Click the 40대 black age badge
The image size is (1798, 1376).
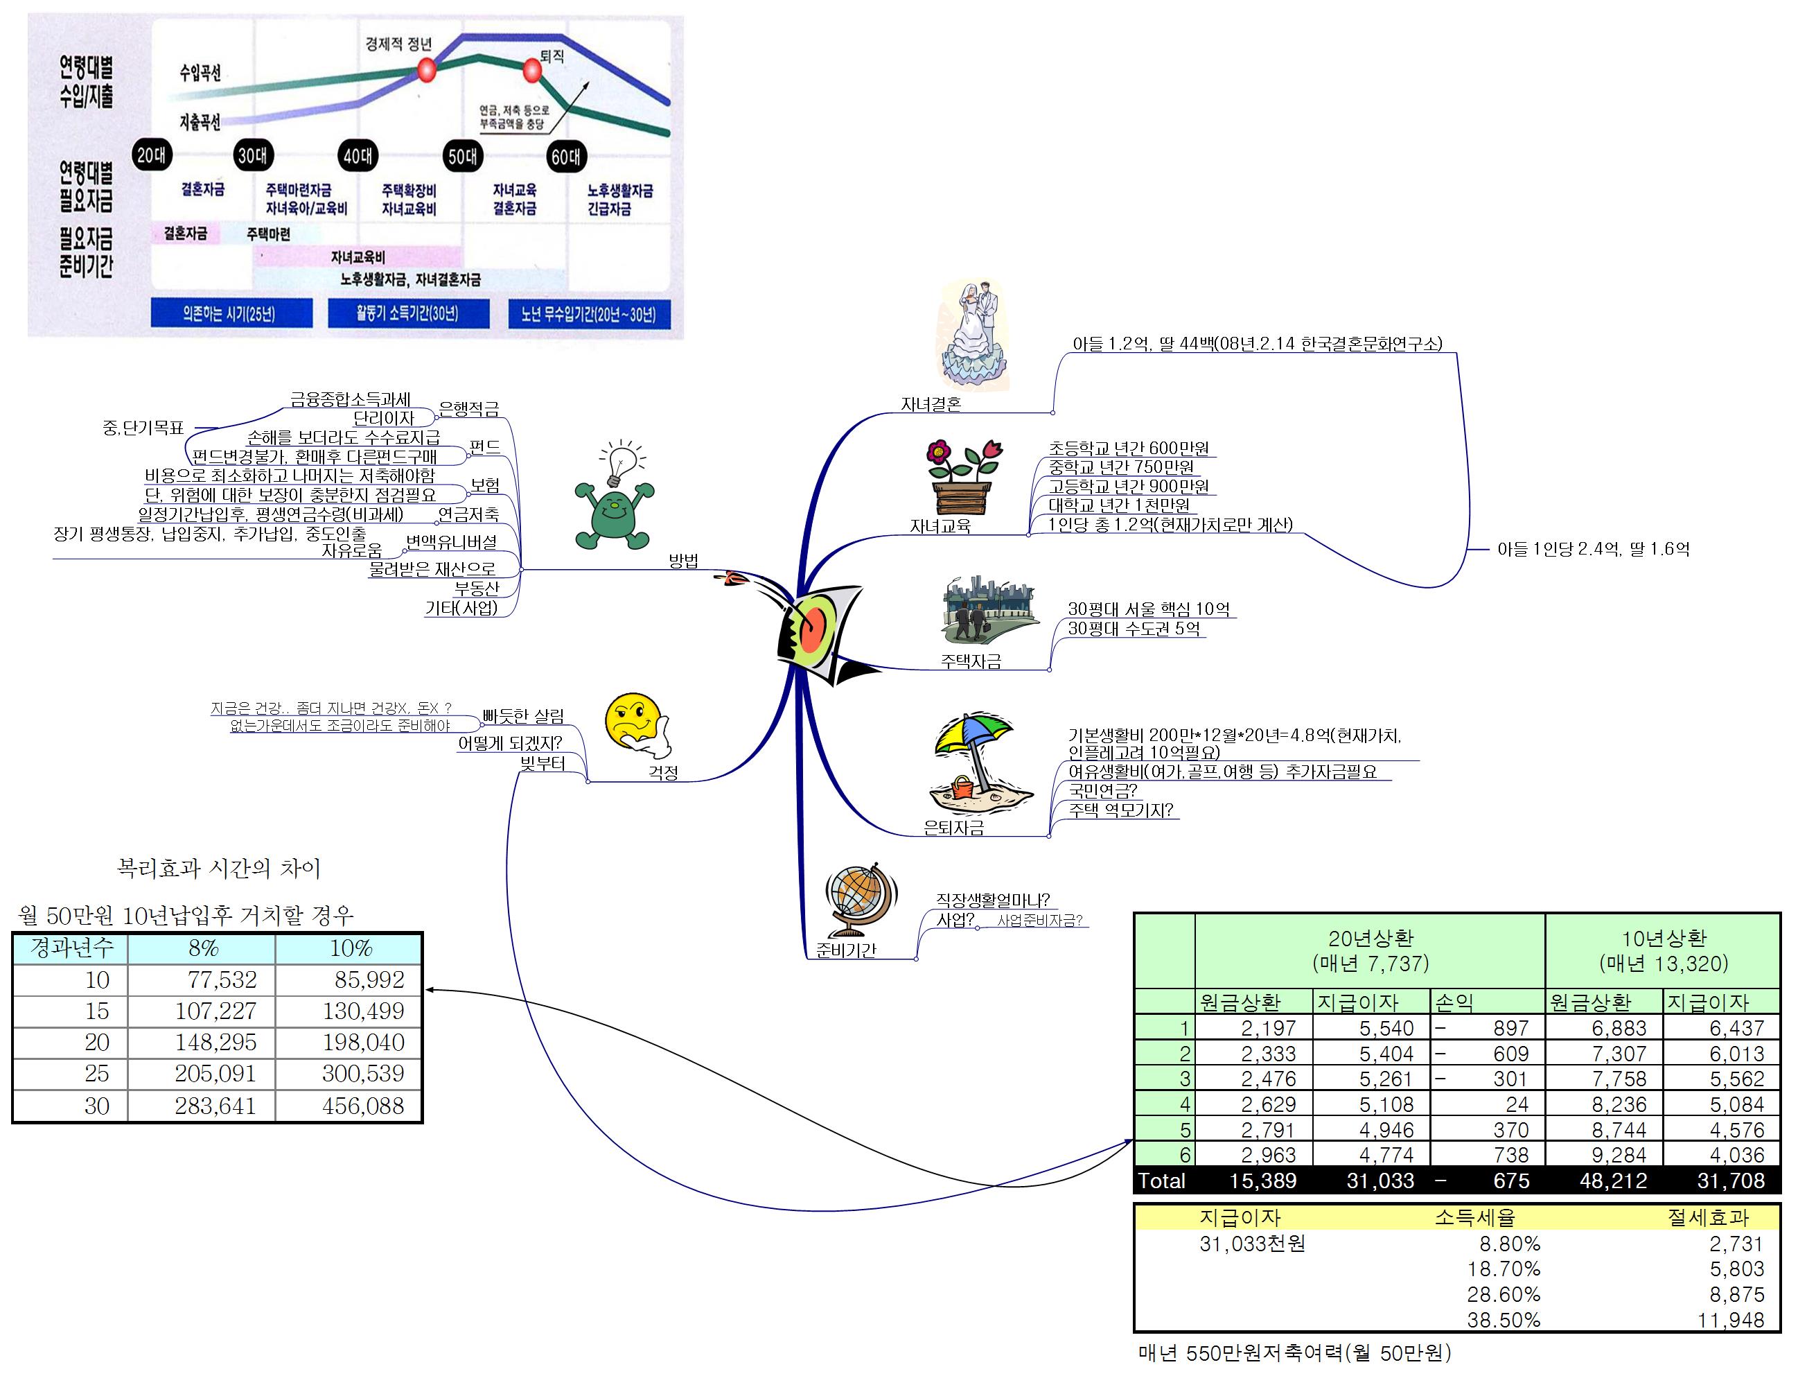(358, 155)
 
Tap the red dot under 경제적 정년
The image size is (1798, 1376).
(425, 69)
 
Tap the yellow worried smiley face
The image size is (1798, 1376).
(634, 721)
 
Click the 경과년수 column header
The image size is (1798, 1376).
(71, 948)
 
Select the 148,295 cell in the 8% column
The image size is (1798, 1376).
(215, 1042)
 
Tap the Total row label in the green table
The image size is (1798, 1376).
(1162, 1181)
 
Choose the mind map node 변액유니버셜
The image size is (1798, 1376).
(451, 541)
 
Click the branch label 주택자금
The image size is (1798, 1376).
(970, 661)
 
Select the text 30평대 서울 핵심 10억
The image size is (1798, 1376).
(1148, 609)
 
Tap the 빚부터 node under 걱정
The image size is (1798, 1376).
(543, 763)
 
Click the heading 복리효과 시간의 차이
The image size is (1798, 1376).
(219, 868)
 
